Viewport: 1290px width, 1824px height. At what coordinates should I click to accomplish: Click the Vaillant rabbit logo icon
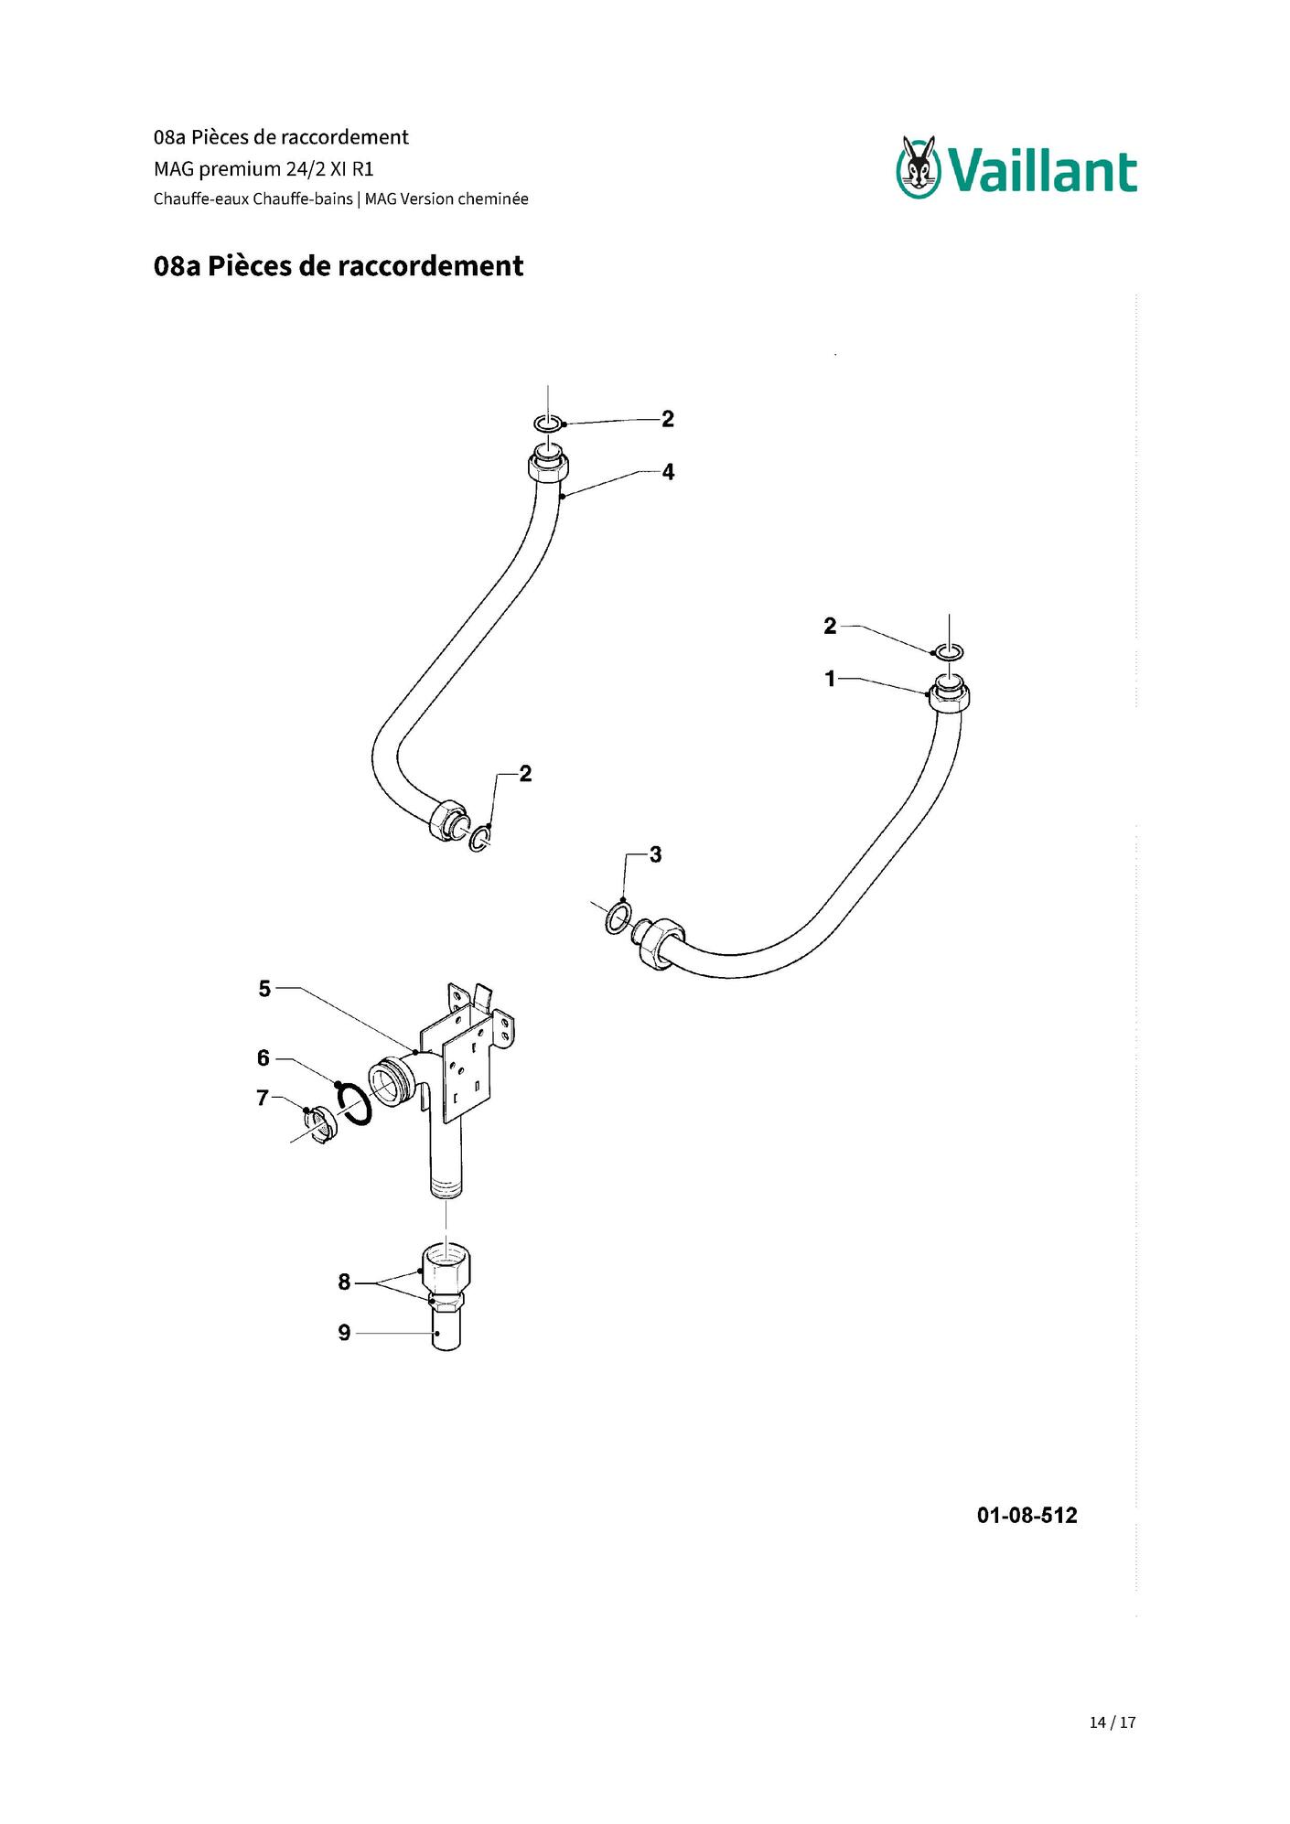[919, 166]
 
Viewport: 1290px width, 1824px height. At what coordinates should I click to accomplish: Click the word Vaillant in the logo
[1042, 172]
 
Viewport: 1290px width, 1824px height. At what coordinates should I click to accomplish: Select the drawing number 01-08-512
[1027, 1516]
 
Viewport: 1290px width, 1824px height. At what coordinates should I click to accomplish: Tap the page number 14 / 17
[1113, 1722]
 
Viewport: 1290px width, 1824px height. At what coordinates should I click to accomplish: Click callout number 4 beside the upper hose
[668, 472]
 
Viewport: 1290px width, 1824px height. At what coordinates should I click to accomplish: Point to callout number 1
[830, 679]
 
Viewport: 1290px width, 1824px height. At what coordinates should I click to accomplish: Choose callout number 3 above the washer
[655, 854]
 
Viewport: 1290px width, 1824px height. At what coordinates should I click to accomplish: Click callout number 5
[264, 989]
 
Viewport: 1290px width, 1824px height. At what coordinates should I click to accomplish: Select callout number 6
[263, 1058]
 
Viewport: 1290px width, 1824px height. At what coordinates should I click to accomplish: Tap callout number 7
[263, 1098]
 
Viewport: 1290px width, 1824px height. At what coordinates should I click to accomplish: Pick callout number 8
[344, 1282]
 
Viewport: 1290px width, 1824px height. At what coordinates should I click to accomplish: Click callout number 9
[344, 1333]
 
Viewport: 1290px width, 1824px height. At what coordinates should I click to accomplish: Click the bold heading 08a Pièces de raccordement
[339, 266]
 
